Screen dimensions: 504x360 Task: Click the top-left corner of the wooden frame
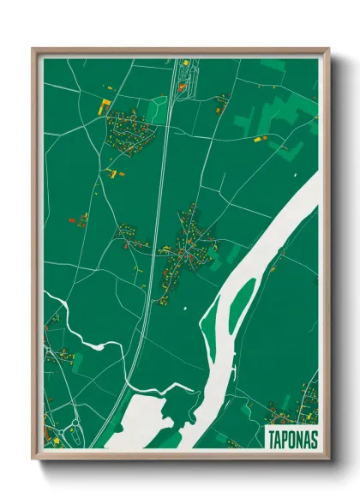pyautogui.click(x=34, y=50)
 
